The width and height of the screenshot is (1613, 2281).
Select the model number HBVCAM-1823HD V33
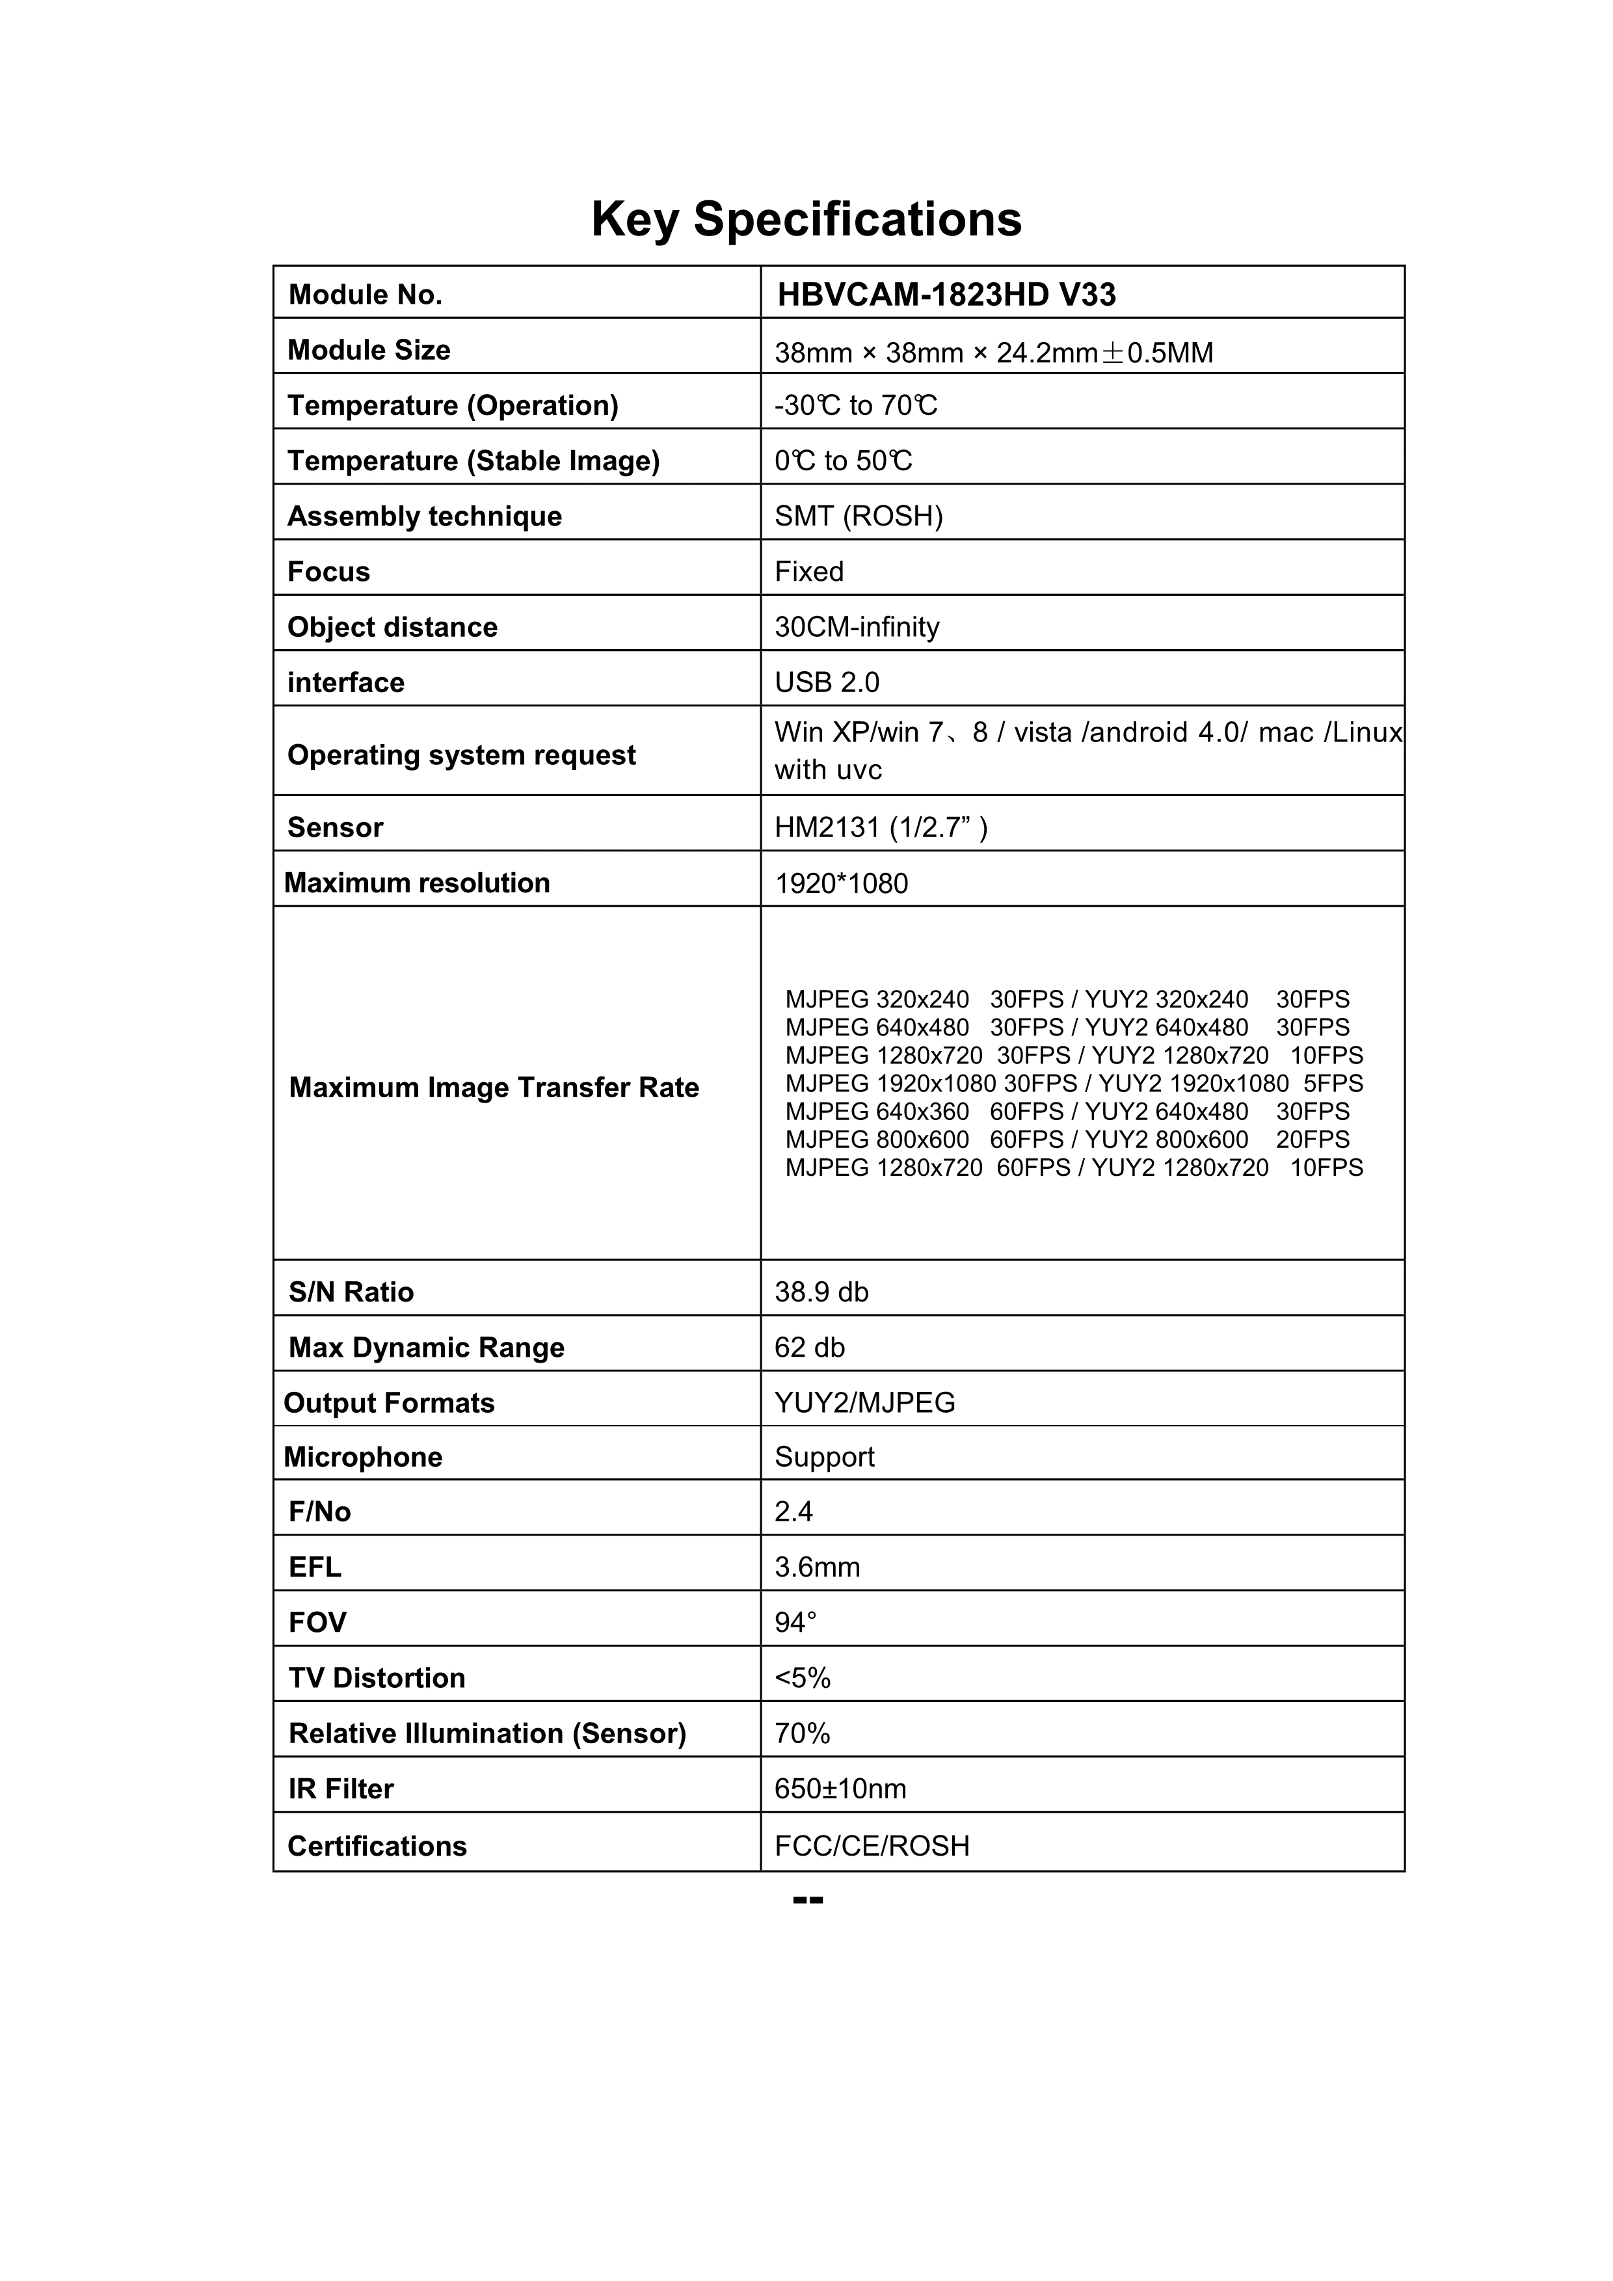click(946, 295)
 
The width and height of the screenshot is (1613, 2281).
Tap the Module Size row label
click(369, 350)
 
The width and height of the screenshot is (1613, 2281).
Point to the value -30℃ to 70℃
click(855, 405)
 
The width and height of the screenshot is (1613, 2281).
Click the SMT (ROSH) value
click(858, 516)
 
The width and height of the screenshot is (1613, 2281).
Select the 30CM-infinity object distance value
click(856, 627)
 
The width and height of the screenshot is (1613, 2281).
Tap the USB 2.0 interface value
click(827, 682)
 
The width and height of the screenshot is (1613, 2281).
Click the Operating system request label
click(461, 755)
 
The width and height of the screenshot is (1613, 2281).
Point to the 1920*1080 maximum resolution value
click(840, 883)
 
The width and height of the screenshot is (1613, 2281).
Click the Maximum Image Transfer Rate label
click(494, 1088)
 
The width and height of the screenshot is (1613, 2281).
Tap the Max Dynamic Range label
click(426, 1348)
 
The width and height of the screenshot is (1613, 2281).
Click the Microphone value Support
click(823, 1458)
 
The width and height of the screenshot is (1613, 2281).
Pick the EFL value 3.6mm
click(816, 1567)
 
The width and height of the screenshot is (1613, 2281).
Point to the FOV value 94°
click(795, 1623)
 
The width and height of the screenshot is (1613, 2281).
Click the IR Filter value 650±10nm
click(839, 1789)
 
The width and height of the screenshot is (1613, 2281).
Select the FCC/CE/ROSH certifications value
click(871, 1846)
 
